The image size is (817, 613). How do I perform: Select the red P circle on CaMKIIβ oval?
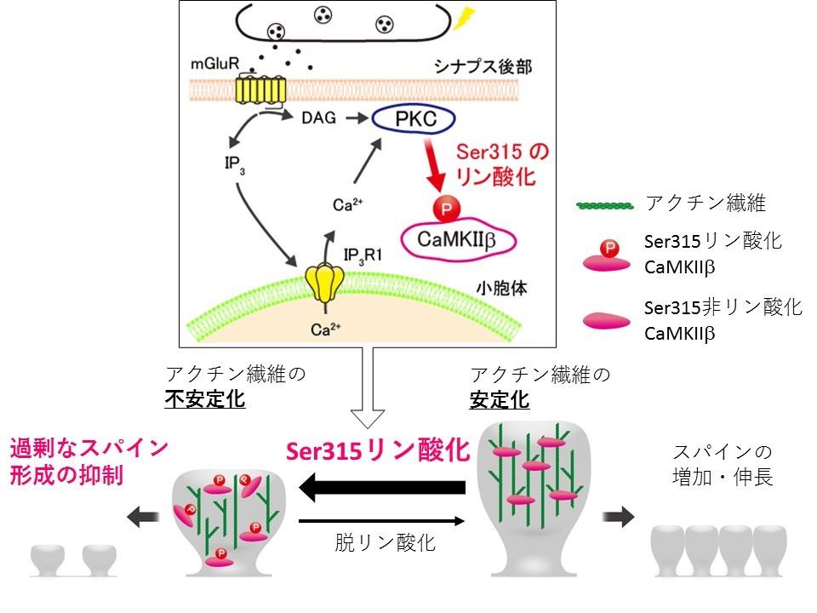point(444,207)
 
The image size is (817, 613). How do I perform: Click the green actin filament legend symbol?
point(606,204)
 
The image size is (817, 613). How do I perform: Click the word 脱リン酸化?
point(385,542)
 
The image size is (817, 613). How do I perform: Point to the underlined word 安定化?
point(500,398)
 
